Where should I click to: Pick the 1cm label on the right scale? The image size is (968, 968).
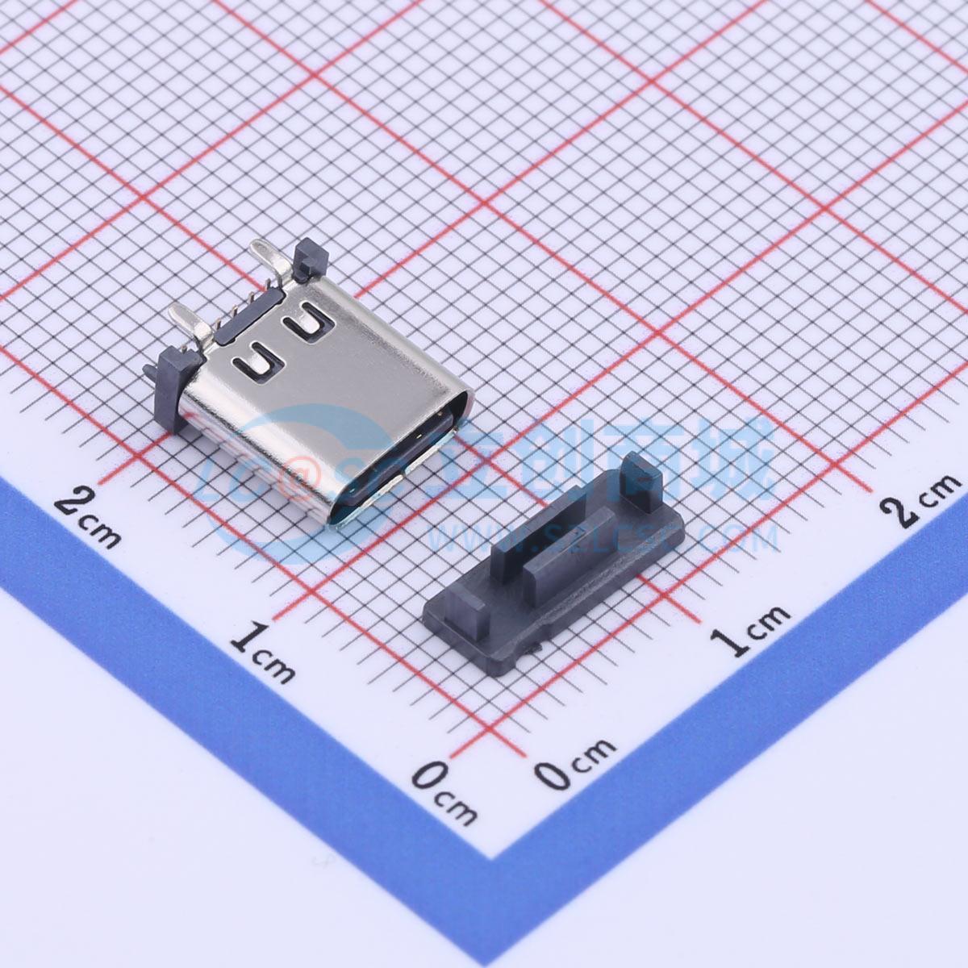[749, 625]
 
